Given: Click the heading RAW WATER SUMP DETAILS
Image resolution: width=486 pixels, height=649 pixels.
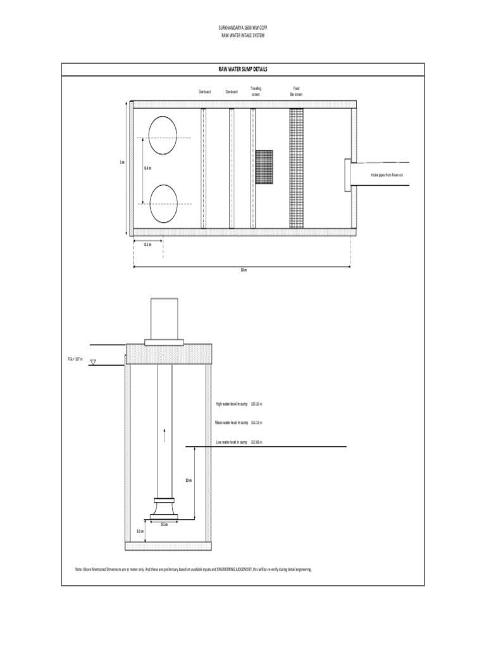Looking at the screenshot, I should point(243,68).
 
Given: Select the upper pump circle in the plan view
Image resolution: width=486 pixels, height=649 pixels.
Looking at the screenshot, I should point(163,134).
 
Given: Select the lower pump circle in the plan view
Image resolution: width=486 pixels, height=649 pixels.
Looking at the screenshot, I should point(163,203).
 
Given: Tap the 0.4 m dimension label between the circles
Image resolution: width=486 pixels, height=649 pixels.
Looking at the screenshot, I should point(147,168).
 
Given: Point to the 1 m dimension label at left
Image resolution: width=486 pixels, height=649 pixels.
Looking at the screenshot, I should point(122,163).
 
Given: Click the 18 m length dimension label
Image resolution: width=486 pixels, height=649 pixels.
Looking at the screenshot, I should point(243,270).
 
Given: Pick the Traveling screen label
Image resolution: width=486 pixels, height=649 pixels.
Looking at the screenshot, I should point(256,91).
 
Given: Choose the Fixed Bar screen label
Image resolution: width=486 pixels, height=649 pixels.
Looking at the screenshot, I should point(296,91).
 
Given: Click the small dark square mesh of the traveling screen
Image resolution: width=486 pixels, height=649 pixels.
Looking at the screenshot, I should point(264,167).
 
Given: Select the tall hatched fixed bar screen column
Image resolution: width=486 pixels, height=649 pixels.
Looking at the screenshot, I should point(296,168).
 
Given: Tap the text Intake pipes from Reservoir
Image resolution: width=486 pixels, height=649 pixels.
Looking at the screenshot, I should point(387,174).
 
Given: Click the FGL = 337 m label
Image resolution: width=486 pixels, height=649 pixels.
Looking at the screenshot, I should point(75,359).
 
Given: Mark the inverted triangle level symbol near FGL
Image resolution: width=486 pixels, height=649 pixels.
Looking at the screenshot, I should point(93,363).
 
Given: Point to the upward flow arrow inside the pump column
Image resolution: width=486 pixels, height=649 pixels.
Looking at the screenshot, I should point(165,435).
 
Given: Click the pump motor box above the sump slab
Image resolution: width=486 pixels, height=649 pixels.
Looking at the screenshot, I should point(165,318).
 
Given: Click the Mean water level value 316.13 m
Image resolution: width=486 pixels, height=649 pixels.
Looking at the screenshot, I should point(256,422).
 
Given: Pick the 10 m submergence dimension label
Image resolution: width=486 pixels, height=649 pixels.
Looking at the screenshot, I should point(188,480).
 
